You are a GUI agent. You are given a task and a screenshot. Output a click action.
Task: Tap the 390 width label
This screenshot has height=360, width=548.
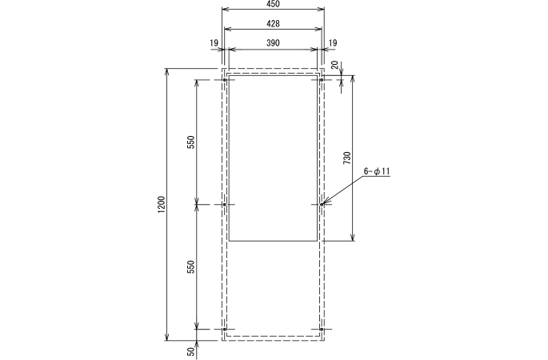pyautogui.click(x=273, y=42)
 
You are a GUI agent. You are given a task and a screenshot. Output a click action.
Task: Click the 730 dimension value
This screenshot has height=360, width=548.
pyautogui.click(x=346, y=158)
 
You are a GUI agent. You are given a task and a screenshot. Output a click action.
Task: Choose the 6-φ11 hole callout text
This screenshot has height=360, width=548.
pyautogui.click(x=376, y=171)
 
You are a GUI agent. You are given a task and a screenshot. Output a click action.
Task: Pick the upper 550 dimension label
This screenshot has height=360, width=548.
pyautogui.click(x=190, y=142)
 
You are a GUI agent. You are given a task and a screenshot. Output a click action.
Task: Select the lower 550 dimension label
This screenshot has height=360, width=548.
pyautogui.click(x=190, y=267)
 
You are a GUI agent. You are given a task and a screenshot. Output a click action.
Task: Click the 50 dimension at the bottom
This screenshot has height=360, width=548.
pyautogui.click(x=190, y=351)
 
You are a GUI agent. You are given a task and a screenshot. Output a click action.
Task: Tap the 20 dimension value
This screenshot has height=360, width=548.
pyautogui.click(x=334, y=66)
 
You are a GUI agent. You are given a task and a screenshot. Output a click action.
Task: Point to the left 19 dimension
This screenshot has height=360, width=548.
pyautogui.click(x=214, y=42)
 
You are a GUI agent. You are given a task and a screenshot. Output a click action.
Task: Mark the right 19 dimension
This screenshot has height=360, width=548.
pyautogui.click(x=333, y=42)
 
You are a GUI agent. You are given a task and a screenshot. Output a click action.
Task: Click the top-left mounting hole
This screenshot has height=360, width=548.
pyautogui.click(x=225, y=80)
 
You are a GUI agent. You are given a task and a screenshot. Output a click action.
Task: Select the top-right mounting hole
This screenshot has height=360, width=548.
pyautogui.click(x=322, y=80)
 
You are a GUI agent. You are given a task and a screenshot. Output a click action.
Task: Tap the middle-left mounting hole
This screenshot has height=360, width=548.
pyautogui.click(x=225, y=205)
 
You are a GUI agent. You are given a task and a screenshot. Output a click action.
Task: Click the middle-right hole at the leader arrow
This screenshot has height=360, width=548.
pyautogui.click(x=322, y=205)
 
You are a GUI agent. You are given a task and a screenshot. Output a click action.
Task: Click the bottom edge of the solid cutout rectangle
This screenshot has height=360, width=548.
pyautogui.click(x=273, y=240)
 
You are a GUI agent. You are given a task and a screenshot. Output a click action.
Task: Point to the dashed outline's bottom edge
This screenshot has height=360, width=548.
pyautogui.click(x=273, y=340)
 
